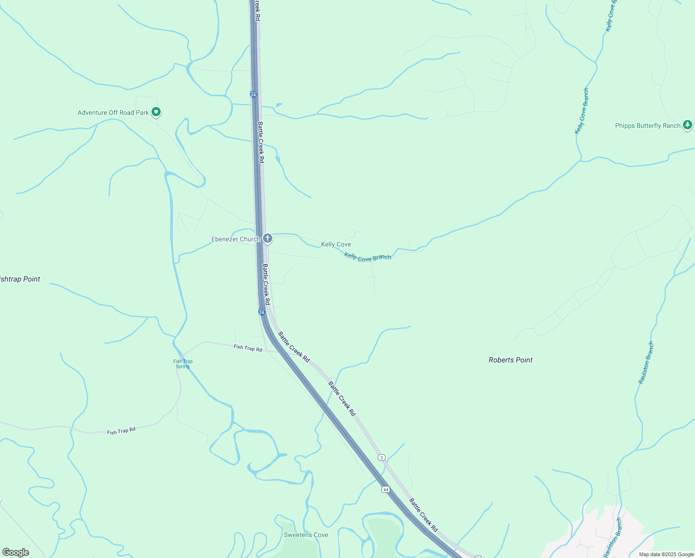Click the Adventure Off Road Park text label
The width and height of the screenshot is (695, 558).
tap(113, 113)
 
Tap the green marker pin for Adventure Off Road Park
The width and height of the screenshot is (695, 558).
tap(157, 112)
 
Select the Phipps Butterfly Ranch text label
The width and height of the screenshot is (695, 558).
tap(648, 126)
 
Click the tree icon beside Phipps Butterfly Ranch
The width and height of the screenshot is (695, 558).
tap(688, 125)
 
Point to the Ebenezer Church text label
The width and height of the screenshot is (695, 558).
tap(236, 239)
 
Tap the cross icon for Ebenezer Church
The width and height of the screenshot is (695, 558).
tap(267, 239)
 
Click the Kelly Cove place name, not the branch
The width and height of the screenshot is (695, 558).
tap(336, 244)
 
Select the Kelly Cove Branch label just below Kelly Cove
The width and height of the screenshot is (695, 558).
tap(367, 257)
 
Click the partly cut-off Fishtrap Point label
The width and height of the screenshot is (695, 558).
tap(20, 279)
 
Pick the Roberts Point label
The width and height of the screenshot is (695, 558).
tap(511, 360)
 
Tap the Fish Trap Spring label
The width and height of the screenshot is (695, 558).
tap(183, 364)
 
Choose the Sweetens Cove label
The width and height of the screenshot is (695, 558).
tap(306, 535)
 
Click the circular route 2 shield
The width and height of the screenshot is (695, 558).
tap(381, 458)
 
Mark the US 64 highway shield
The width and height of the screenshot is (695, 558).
tap(386, 489)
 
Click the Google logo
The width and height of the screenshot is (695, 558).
tap(16, 552)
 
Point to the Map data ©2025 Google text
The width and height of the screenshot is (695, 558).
tap(666, 554)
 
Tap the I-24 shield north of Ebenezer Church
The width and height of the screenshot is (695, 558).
tap(253, 94)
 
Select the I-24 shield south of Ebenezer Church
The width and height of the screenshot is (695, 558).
tap(262, 312)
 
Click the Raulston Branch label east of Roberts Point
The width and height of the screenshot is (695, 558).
tap(646, 363)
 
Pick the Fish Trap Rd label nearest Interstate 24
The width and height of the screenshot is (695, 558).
tap(248, 348)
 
